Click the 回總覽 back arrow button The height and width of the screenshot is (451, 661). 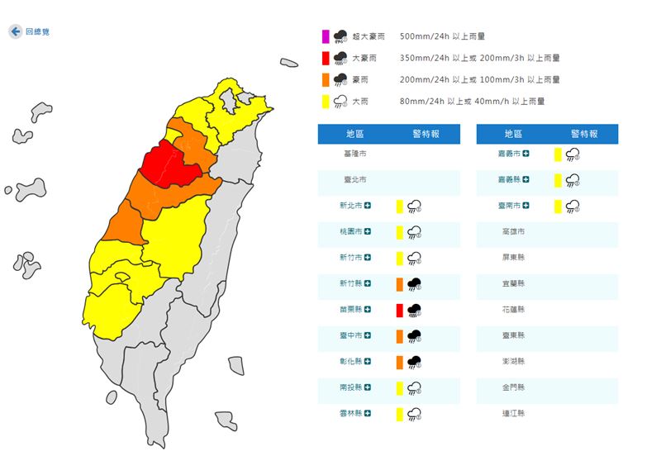click(x=15, y=31)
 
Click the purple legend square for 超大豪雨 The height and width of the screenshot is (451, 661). click(x=326, y=36)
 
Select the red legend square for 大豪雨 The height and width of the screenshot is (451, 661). click(x=326, y=58)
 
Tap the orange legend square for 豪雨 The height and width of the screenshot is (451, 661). click(x=326, y=79)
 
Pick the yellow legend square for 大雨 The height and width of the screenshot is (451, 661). click(x=326, y=101)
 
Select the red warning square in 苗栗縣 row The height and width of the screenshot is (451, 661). click(x=399, y=310)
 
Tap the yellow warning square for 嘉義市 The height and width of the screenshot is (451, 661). click(x=559, y=154)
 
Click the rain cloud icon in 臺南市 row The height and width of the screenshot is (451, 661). click(x=572, y=206)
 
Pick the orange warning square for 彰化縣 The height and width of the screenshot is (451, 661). click(x=399, y=362)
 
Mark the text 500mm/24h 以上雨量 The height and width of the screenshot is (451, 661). click(x=441, y=36)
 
